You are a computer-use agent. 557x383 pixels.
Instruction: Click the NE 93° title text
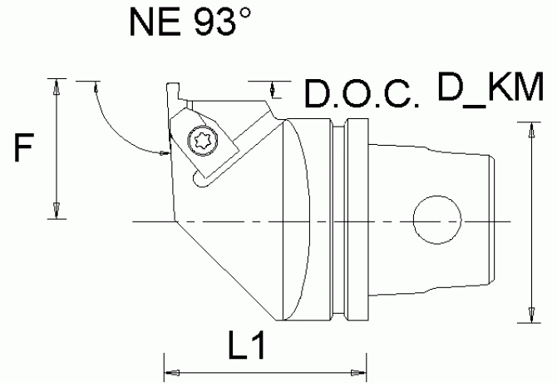point(190,22)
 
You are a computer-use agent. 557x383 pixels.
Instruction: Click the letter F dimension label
point(24,147)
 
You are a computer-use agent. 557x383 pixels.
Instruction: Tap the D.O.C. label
point(362,93)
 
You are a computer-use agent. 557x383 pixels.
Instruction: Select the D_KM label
point(490,87)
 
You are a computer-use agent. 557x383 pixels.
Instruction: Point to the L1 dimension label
point(247,345)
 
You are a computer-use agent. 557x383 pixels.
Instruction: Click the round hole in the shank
point(437,220)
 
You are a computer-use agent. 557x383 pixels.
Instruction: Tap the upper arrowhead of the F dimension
point(57,87)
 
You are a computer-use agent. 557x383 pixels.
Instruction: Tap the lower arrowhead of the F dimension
point(57,210)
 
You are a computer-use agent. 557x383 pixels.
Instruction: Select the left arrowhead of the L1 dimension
point(172,373)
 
